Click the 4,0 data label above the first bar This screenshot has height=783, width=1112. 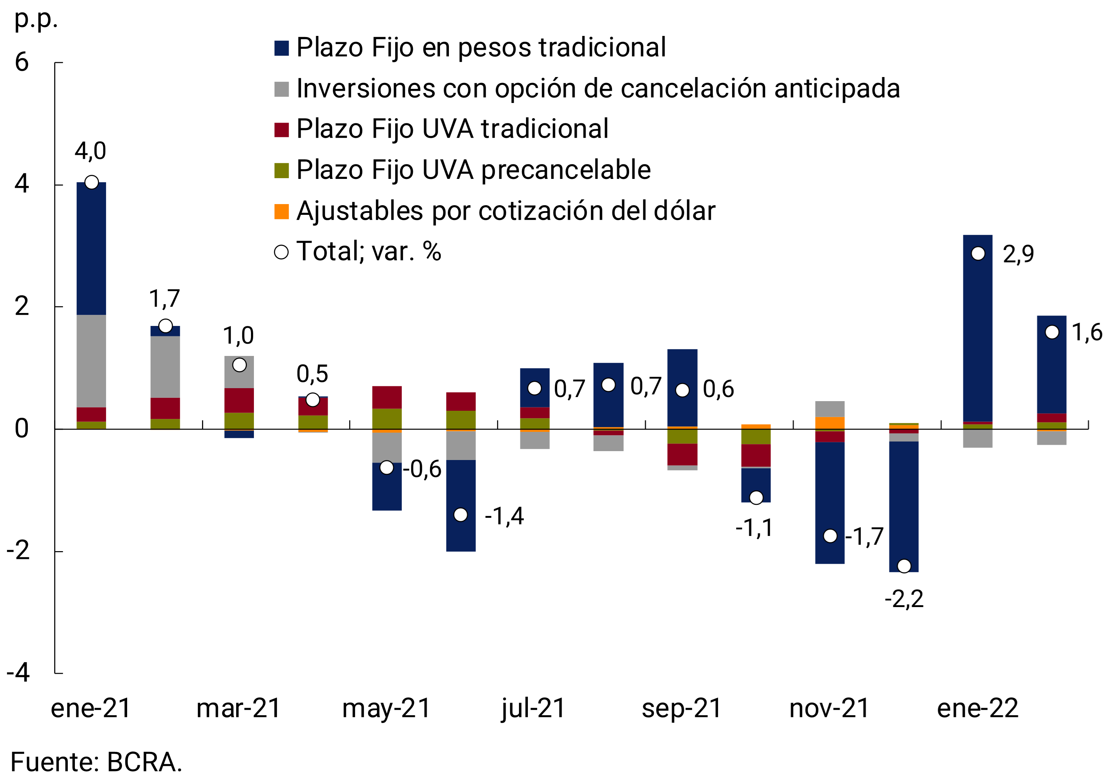click(90, 151)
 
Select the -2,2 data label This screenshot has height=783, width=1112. click(904, 599)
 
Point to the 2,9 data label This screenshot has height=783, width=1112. click(1018, 254)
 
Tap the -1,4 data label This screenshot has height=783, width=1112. click(504, 516)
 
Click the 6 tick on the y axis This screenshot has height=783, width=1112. click(22, 63)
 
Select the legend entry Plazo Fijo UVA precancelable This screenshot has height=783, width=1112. click(473, 170)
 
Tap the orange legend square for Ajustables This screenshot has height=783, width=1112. click(281, 211)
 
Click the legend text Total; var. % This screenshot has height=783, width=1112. click(368, 251)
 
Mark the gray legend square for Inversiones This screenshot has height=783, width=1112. click(281, 89)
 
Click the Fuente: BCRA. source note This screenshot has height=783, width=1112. click(96, 762)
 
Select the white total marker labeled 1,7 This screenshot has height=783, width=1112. click(166, 326)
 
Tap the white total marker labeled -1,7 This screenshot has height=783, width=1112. click(830, 536)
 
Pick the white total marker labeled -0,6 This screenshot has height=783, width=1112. click(387, 467)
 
